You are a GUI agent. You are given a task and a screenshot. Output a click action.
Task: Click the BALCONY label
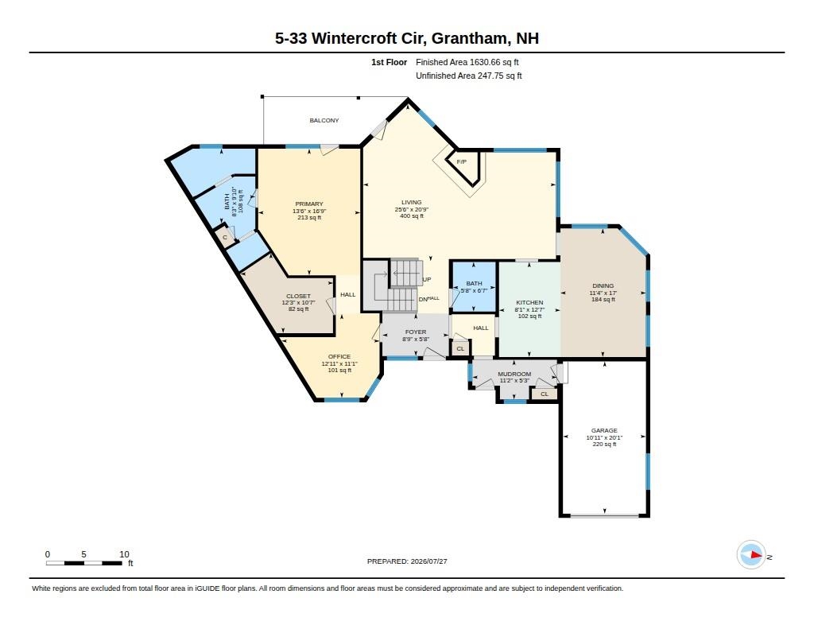pyautogui.click(x=324, y=121)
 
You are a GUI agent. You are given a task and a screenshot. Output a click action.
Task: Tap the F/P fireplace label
pyautogui.click(x=462, y=162)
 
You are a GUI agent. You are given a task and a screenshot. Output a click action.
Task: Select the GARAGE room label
pyautogui.click(x=604, y=430)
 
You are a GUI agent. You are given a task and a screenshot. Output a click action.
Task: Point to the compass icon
pyautogui.click(x=751, y=555)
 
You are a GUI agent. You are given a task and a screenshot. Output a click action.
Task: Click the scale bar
pyautogui.click(x=84, y=563)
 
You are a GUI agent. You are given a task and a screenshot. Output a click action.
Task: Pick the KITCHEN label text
pyautogui.click(x=529, y=303)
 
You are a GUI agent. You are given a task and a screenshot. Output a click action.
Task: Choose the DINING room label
pyautogui.click(x=603, y=285)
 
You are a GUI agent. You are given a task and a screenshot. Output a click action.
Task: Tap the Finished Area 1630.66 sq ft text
pyautogui.click(x=467, y=62)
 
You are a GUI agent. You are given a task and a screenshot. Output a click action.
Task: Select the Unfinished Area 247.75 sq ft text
pyautogui.click(x=469, y=76)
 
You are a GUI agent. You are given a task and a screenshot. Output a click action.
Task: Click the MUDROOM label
pyautogui.click(x=514, y=374)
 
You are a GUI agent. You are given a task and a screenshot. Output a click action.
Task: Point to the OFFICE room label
pyautogui.click(x=339, y=357)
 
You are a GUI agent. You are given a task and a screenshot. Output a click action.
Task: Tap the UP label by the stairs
pyautogui.click(x=427, y=279)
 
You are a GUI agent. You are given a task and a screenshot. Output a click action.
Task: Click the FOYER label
pyautogui.click(x=416, y=332)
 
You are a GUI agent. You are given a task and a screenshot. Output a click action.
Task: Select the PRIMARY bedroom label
pyautogui.click(x=309, y=204)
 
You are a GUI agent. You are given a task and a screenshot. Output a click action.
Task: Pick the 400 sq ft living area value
pyautogui.click(x=412, y=216)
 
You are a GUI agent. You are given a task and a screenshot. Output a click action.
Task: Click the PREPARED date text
pyautogui.click(x=407, y=561)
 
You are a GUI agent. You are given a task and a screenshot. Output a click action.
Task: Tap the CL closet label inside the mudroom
pyautogui.click(x=545, y=394)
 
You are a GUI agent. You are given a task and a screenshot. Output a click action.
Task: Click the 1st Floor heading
pyautogui.click(x=389, y=62)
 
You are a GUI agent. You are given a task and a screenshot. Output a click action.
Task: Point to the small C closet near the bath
pyautogui.click(x=225, y=238)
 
